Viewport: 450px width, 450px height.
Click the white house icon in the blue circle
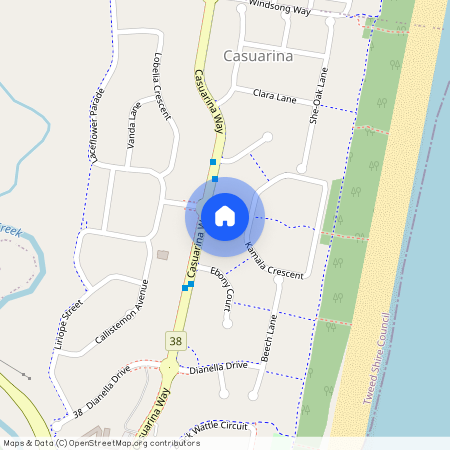tap(224, 215)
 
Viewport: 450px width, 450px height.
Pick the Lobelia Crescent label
tap(162, 84)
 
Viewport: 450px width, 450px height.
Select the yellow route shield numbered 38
tap(176, 342)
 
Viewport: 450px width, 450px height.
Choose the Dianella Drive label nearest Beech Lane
tap(218, 366)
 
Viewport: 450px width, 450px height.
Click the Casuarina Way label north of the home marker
tap(205, 101)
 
